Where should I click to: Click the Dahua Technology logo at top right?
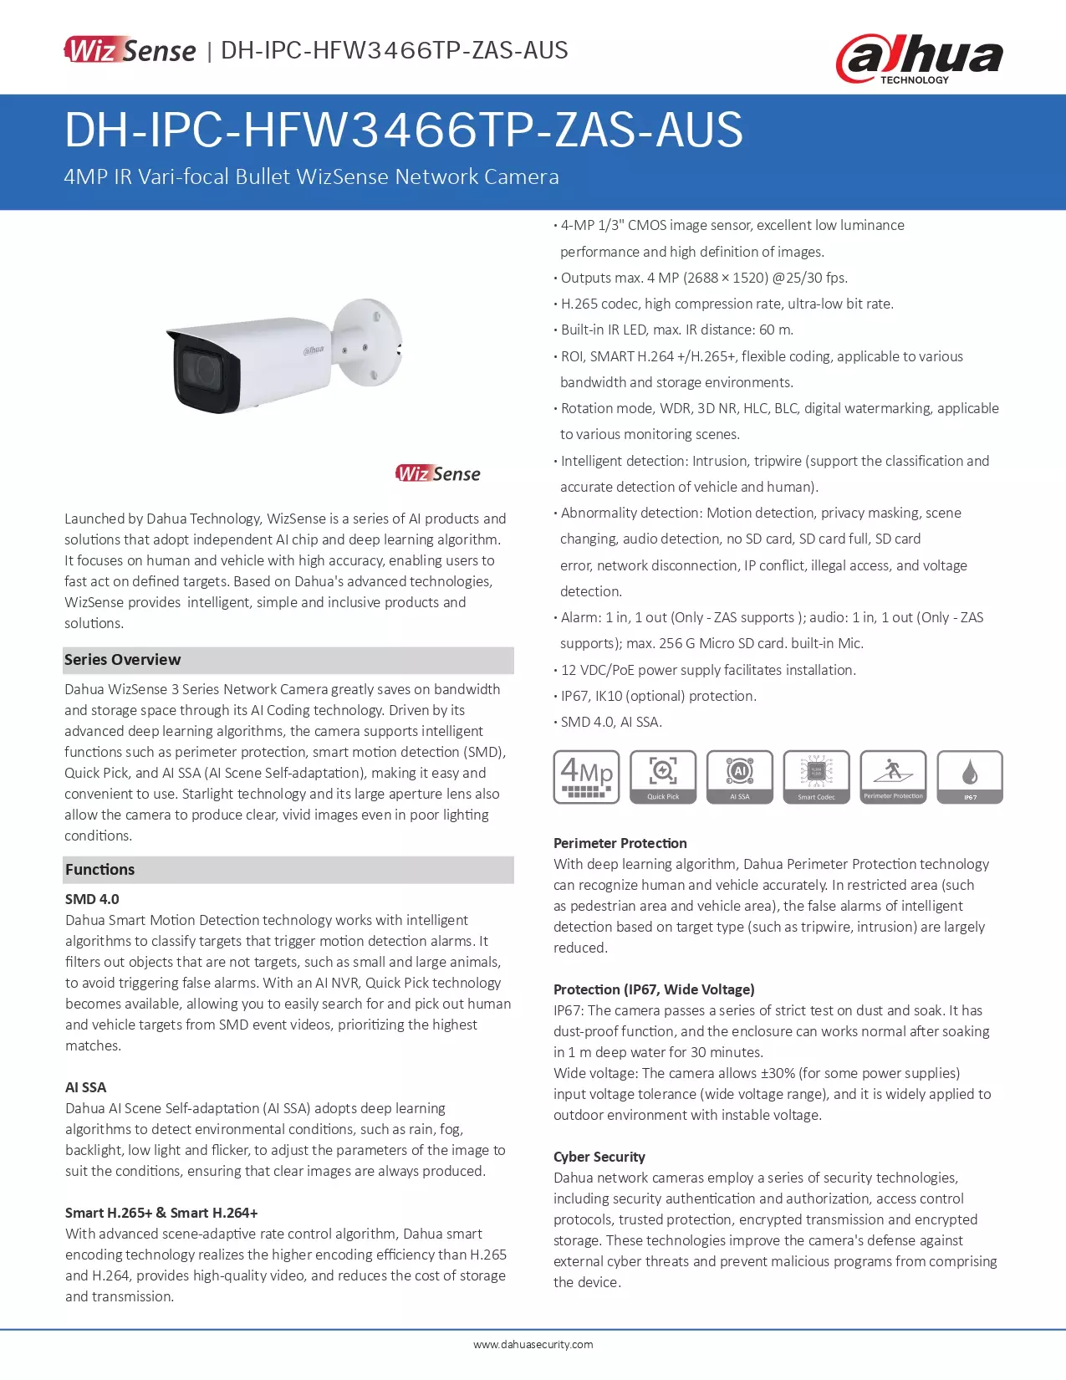coord(919,59)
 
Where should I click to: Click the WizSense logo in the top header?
coord(130,50)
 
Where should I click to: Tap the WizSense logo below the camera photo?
coord(438,473)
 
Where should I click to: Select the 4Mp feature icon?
coord(586,777)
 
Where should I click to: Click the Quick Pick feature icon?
coord(663,777)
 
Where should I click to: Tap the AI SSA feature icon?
coord(740,777)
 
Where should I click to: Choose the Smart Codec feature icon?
coord(816,777)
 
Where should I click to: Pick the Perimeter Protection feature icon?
coord(893,777)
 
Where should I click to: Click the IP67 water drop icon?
coord(970,777)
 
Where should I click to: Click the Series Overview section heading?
coord(123,660)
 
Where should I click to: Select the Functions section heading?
coord(100,870)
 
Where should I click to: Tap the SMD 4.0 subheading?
coord(92,899)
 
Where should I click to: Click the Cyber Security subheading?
coord(599,1157)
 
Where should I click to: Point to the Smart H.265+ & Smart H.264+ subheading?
coord(161,1213)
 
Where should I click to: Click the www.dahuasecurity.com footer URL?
coord(533,1345)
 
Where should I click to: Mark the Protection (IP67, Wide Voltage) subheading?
coord(654,989)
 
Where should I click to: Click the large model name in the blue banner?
coord(404,130)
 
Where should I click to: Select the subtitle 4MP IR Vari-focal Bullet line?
coord(311,176)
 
